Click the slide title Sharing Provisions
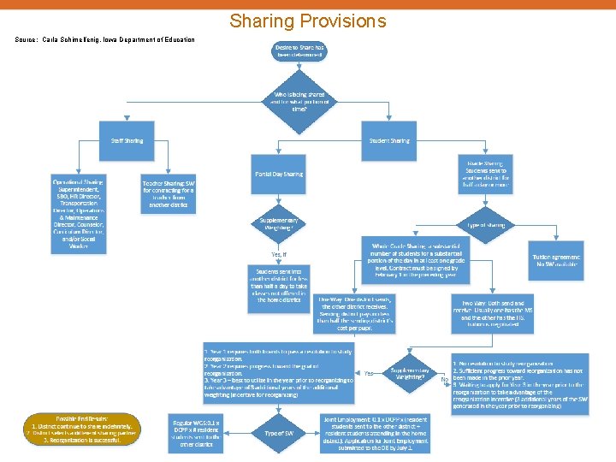308,21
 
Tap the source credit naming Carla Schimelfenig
105,40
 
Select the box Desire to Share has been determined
299,50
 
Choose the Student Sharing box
389,139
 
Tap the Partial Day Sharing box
279,174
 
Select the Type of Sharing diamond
486,224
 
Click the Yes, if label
280,255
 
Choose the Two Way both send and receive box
497,313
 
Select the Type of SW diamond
280,434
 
